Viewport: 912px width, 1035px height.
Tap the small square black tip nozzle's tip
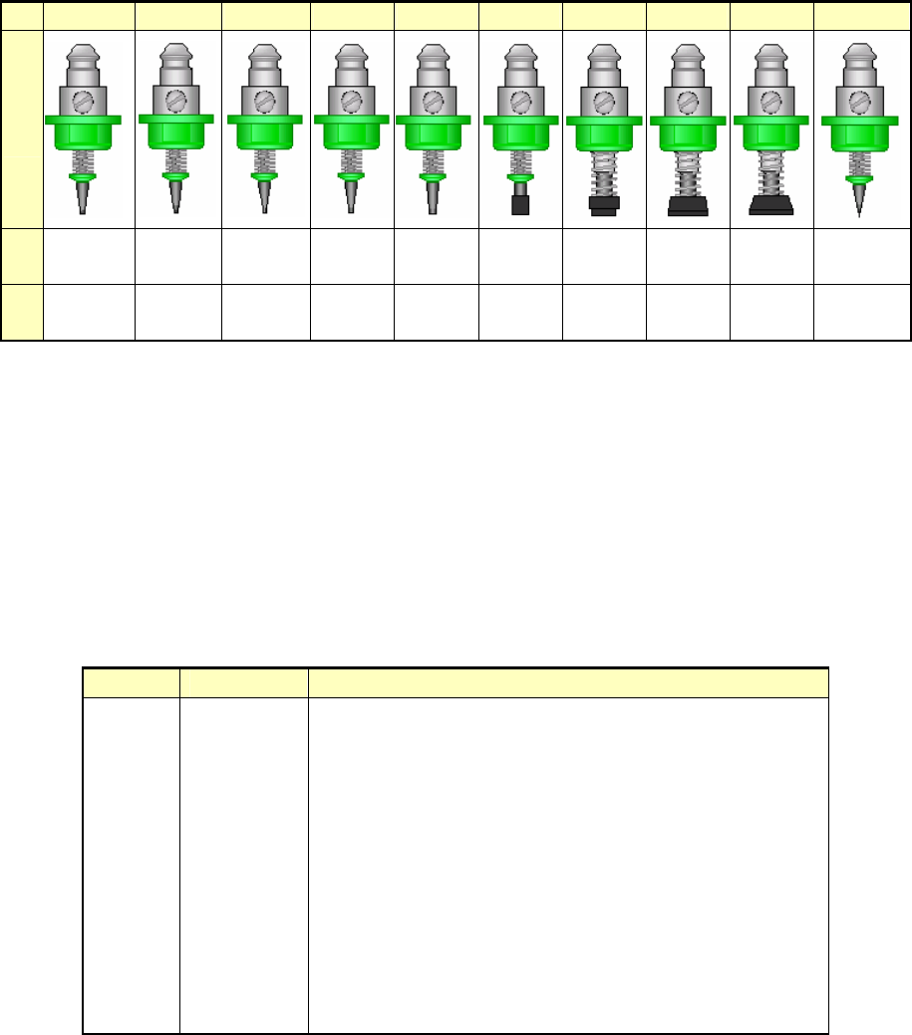coord(518,205)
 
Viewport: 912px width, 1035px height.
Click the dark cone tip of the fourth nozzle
coord(351,196)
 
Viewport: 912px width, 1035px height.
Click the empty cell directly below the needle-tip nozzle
coord(862,254)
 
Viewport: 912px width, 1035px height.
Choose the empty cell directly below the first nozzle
coord(89,254)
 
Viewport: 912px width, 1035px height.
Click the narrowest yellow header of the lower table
coord(130,682)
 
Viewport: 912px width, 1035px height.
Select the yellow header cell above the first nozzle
coord(89,15)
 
